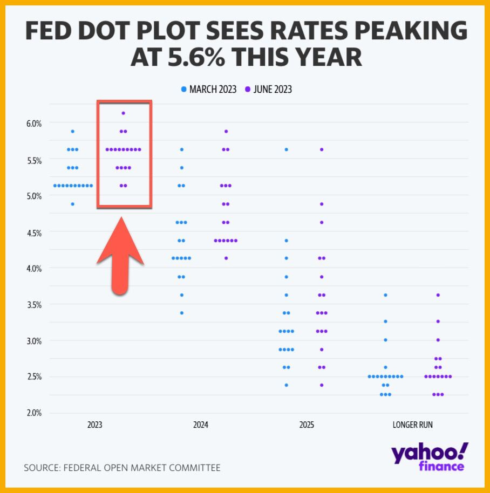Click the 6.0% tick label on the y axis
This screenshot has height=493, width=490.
[33, 124]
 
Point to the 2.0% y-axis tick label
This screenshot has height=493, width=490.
[33, 413]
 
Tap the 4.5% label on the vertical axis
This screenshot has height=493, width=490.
[33, 232]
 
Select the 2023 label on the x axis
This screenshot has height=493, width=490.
[95, 425]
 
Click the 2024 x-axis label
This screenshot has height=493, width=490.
[201, 425]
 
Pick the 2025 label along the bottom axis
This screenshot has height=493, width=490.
[307, 425]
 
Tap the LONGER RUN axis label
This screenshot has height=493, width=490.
[412, 425]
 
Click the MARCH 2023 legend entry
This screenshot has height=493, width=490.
[209, 89]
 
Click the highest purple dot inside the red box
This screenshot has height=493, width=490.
[124, 113]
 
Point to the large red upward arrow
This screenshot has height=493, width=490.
[120, 256]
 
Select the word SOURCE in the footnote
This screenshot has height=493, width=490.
[43, 468]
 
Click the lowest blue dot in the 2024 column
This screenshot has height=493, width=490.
[182, 313]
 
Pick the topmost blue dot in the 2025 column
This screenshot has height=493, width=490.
[287, 149]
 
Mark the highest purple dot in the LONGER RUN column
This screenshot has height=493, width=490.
[438, 295]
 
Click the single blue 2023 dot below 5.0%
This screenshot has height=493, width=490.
[73, 204]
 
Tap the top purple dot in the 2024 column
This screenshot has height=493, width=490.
[226, 131]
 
